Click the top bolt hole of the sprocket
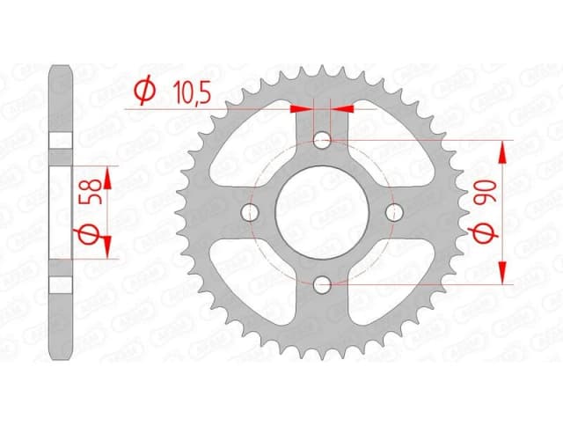click(x=323, y=139)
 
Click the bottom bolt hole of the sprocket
click(x=323, y=283)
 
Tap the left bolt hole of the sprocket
click(x=251, y=211)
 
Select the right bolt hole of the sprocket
click(x=394, y=211)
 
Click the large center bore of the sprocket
click(x=323, y=211)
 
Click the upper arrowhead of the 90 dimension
click(x=505, y=151)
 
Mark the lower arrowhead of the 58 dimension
click(x=107, y=246)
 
